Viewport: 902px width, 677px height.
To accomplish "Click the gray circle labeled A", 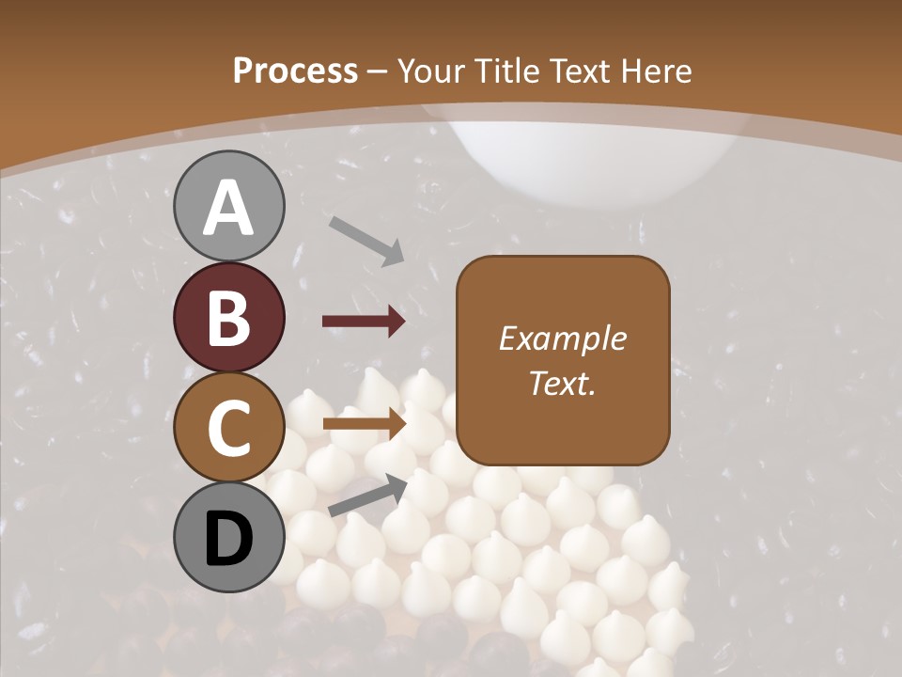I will coord(229,206).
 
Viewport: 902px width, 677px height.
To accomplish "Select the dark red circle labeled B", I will coord(229,317).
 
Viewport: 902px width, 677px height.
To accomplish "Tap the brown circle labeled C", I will coord(229,427).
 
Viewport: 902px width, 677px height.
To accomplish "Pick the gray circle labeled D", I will coord(229,537).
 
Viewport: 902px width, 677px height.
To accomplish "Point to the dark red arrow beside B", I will coord(364,323).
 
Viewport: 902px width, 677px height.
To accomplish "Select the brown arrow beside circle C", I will coord(364,424).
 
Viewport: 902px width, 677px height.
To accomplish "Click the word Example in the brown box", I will coord(563,338).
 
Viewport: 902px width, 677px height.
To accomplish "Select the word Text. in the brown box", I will coord(563,383).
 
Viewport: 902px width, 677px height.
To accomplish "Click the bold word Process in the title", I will coord(295,71).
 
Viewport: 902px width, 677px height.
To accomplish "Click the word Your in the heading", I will coord(429,71).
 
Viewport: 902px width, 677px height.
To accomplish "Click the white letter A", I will coord(229,209).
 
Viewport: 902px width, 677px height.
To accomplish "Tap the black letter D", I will coord(229,539).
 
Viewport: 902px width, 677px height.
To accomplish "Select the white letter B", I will coord(229,318).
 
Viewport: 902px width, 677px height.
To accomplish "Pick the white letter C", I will coord(229,429).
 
